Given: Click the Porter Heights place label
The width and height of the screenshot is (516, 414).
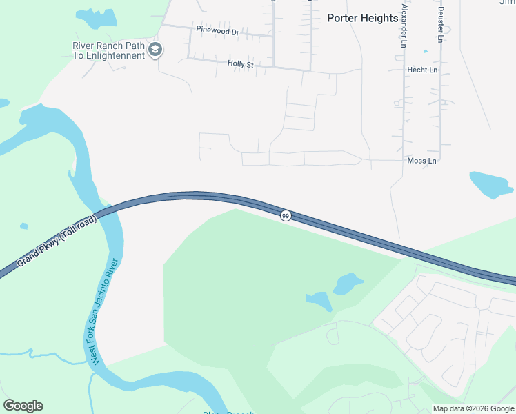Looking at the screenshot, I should tap(362, 18).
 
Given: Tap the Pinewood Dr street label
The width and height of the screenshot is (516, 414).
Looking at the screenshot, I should tap(217, 32).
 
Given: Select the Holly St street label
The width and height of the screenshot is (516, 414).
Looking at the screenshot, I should tap(241, 64).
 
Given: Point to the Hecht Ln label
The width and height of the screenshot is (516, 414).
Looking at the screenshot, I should tap(422, 70).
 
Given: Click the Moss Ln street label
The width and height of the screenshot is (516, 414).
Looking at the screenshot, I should tap(422, 161).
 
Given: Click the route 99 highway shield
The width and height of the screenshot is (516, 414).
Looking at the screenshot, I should tap(286, 216).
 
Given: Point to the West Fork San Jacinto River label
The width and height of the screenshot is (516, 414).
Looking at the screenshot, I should tap(106, 312).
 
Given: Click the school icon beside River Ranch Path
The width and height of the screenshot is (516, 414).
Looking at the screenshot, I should tap(156, 50).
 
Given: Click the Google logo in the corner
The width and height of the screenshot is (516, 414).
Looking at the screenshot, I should tap(23, 406).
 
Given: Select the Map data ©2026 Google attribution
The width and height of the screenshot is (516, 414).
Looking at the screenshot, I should tap(473, 408).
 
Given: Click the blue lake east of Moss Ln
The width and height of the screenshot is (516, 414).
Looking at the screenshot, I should tap(490, 184).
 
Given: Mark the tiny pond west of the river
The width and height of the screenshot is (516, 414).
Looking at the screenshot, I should tap(24, 226).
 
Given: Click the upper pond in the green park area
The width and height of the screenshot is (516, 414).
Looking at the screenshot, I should tap(347, 283).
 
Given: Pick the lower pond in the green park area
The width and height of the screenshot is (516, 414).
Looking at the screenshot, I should tap(319, 301).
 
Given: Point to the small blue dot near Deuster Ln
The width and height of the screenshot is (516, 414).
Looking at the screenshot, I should tap(426, 51).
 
